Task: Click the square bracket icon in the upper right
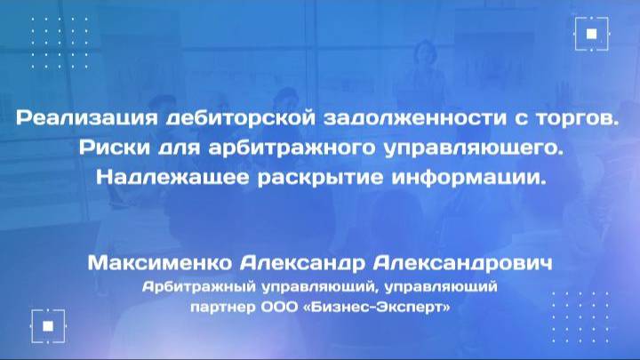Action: click(592, 34)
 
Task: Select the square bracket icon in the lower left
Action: click(47, 324)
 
